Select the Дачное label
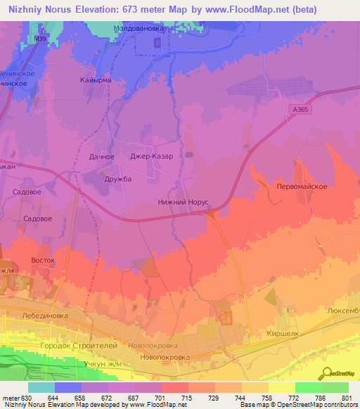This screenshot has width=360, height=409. pyautogui.click(x=102, y=156)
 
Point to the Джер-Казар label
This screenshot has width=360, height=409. pyautogui.click(x=152, y=156)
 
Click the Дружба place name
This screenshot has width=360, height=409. pyautogui.click(x=117, y=178)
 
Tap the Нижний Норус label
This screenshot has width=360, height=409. pyautogui.click(x=183, y=201)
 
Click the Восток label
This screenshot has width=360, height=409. pyautogui.click(x=43, y=260)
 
